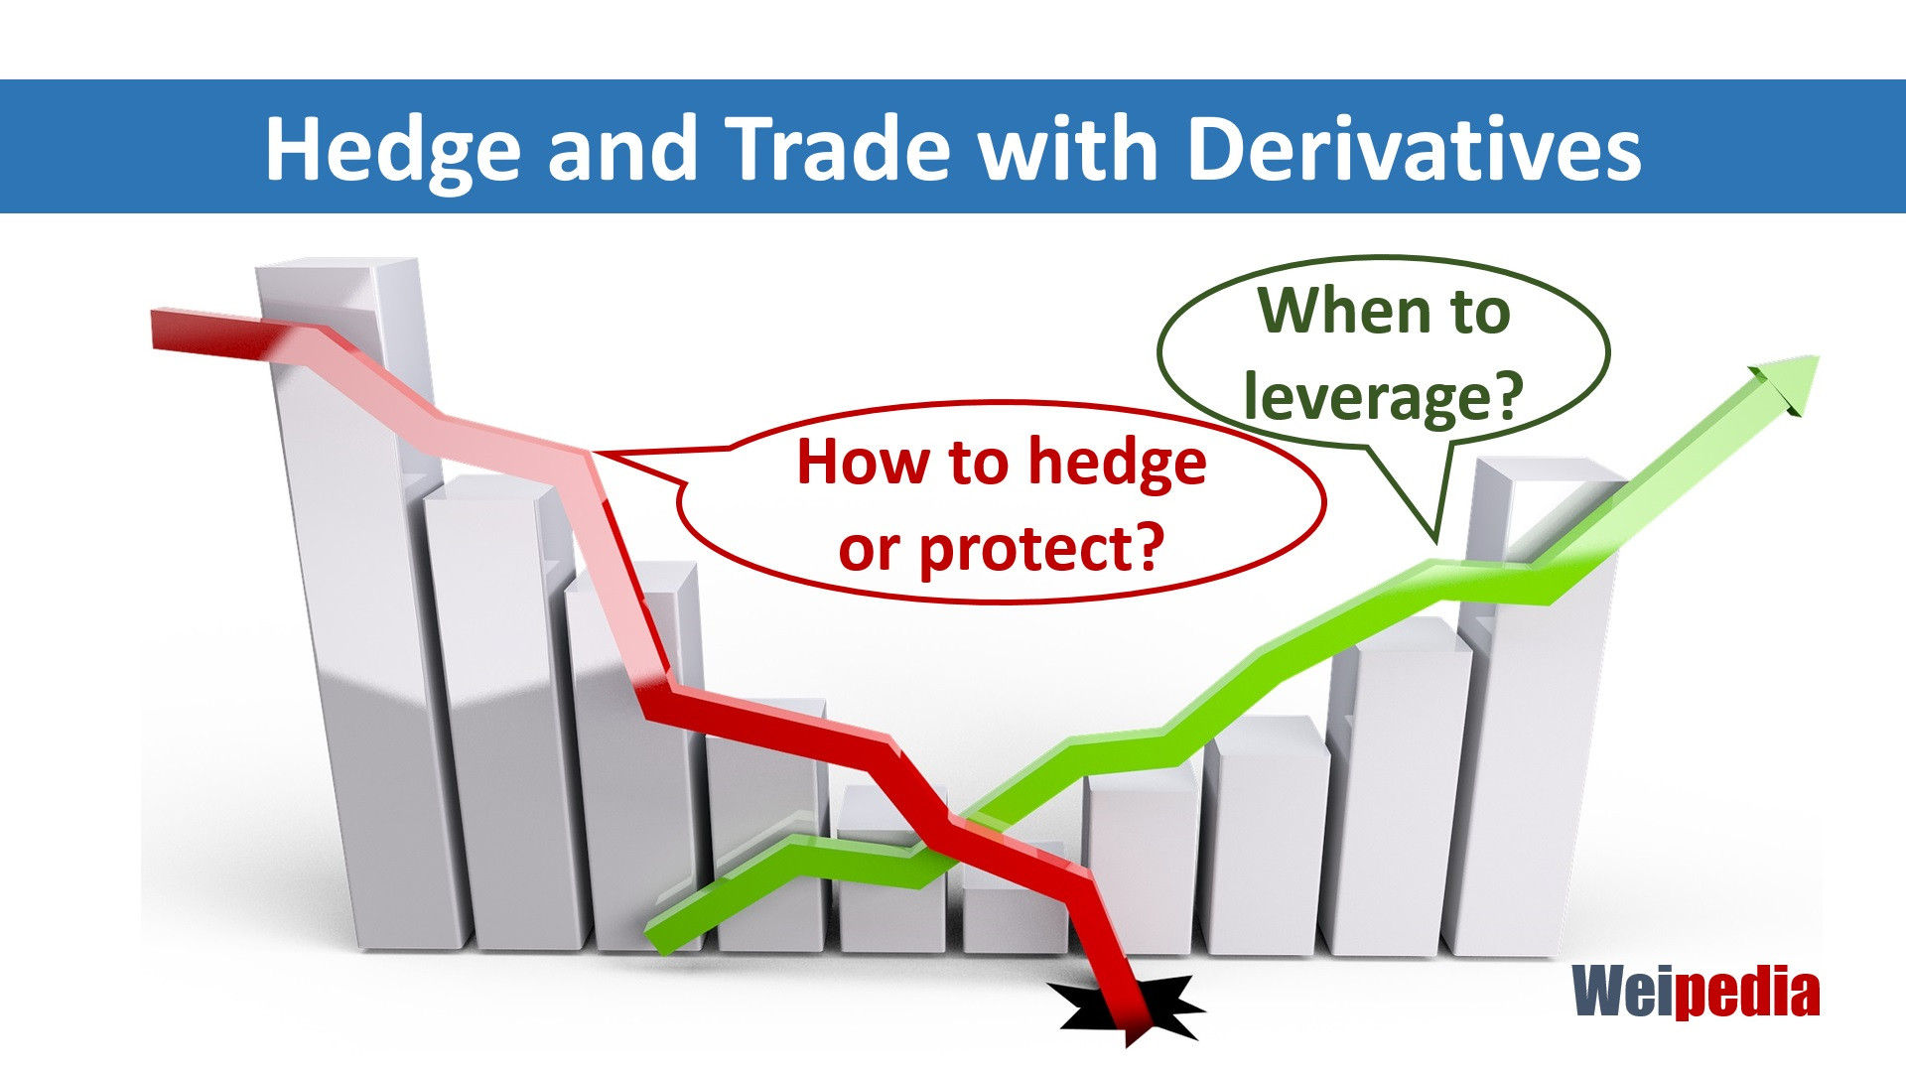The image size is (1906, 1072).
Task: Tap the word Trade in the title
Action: pos(838,149)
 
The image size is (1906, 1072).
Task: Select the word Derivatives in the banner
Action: pos(1414,149)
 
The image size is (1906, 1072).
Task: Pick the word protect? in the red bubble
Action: pos(1040,549)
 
